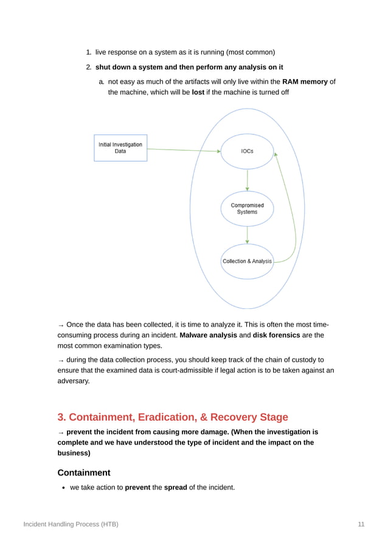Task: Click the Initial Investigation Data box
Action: click(120, 148)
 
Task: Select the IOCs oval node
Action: click(247, 151)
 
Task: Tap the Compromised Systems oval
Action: click(247, 209)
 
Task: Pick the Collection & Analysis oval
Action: click(247, 261)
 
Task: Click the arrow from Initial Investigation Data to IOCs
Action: click(182, 150)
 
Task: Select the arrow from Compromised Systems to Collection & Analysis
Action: click(247, 235)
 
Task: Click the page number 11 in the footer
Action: click(361, 524)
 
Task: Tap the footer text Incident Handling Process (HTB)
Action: click(71, 524)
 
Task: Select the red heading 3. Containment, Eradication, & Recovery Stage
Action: click(173, 417)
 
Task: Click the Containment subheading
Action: click(84, 472)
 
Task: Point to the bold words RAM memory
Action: click(305, 81)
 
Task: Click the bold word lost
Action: click(198, 92)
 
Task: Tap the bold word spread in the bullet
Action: click(173, 487)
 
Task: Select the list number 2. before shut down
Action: click(88, 67)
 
